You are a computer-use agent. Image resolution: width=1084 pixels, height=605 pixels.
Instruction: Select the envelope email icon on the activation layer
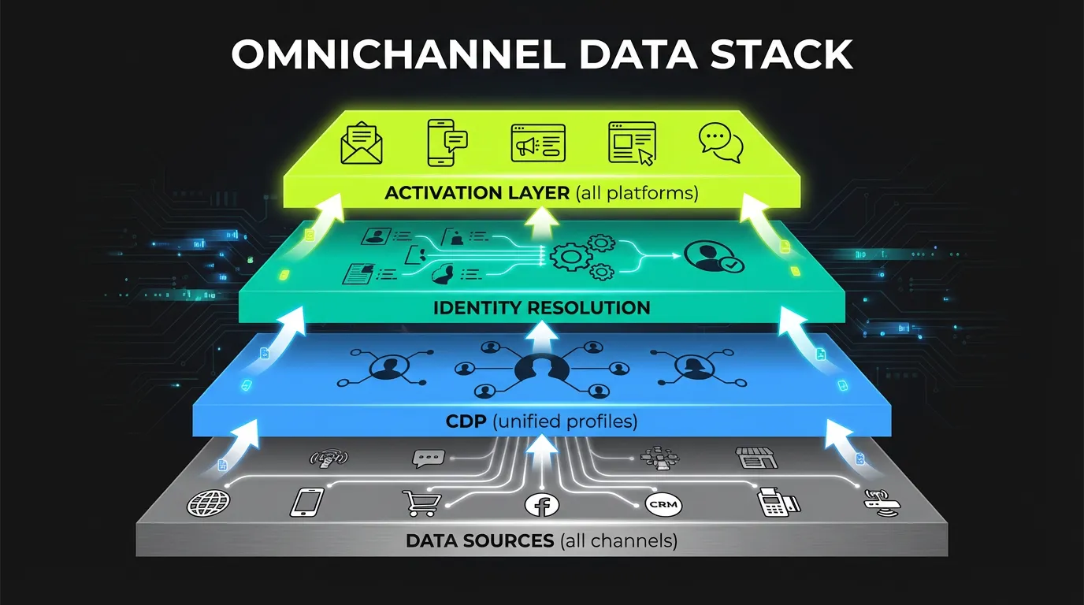point(362,143)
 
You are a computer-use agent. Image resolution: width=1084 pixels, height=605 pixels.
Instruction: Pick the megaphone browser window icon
point(538,143)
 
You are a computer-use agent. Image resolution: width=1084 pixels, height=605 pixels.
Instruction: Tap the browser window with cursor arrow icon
point(632,143)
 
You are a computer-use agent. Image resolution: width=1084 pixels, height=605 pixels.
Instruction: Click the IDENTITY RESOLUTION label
point(542,307)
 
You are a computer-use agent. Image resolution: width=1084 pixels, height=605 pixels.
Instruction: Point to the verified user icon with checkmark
point(714,257)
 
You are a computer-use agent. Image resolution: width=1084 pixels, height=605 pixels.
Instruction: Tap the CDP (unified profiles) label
point(541,421)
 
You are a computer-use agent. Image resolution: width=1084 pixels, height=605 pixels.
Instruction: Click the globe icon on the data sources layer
point(208,502)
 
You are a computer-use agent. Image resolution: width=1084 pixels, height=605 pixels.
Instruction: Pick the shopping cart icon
point(421,503)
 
